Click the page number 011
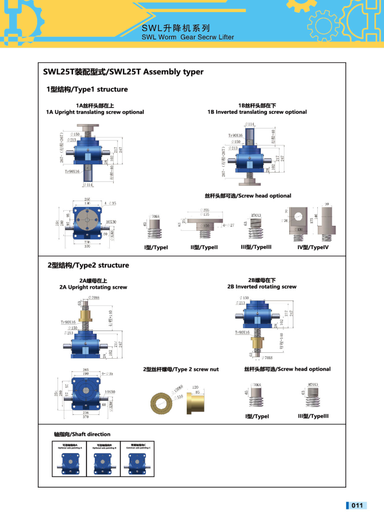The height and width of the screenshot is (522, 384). [x=357, y=506]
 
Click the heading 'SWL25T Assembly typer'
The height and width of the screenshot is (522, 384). [x=123, y=72]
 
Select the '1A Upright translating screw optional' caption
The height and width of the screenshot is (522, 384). [x=95, y=112]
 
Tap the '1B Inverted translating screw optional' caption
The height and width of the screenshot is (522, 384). [x=257, y=112]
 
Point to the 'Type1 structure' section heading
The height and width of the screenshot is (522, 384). [x=87, y=89]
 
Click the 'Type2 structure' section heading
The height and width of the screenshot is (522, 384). [x=88, y=265]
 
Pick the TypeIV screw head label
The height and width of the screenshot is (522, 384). [x=313, y=247]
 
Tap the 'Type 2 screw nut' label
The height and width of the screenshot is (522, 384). [x=180, y=369]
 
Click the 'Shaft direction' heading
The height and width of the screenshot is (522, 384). [x=82, y=434]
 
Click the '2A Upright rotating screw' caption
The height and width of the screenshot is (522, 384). [x=93, y=287]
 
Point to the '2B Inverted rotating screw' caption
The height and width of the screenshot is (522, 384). [x=262, y=286]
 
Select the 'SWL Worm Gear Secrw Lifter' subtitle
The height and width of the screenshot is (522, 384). [x=188, y=37]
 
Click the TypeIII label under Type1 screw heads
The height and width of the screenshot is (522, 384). [x=256, y=247]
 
